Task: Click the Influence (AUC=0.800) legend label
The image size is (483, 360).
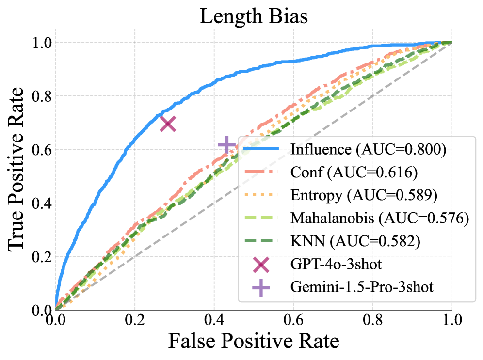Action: (x=368, y=149)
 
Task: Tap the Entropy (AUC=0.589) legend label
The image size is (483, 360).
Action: (x=364, y=195)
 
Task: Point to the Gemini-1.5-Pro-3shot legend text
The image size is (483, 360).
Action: (x=361, y=287)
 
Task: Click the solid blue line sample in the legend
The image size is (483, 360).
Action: (x=262, y=149)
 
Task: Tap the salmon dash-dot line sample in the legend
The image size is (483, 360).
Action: (x=262, y=172)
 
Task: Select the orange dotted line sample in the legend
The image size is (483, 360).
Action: (x=262, y=195)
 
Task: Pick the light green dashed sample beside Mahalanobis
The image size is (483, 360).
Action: (x=262, y=218)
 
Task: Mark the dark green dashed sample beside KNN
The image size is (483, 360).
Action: (x=262, y=241)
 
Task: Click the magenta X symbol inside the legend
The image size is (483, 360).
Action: (x=261, y=264)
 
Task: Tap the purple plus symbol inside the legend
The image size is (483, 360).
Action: (x=261, y=287)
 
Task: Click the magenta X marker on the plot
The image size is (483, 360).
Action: (x=168, y=124)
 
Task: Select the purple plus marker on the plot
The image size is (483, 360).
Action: (x=226, y=145)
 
